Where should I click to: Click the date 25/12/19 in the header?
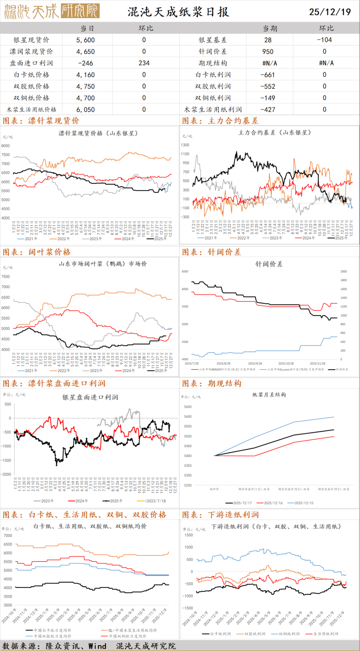pyautogui.click(x=330, y=12)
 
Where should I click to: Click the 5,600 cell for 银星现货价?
pyautogui.click(x=85, y=40)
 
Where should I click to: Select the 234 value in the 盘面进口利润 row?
pyautogui.click(x=144, y=63)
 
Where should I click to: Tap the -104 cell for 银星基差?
pyautogui.click(x=324, y=40)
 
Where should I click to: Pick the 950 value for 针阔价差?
pyautogui.click(x=268, y=52)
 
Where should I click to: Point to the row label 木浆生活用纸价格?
pyautogui.click(x=32, y=110)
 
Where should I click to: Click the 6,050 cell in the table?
pyautogui.click(x=85, y=110)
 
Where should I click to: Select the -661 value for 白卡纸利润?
pyautogui.click(x=268, y=75)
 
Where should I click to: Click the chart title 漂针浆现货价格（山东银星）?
pyautogui.click(x=98, y=133)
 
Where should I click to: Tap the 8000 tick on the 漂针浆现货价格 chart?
pyautogui.click(x=6, y=146)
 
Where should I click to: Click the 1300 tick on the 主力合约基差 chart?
pyautogui.click(x=185, y=145)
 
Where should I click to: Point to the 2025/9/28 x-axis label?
pyautogui.click(x=255, y=364)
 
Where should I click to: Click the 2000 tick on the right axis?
pyautogui.click(x=344, y=271)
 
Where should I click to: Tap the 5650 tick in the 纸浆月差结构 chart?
pyautogui.click(x=188, y=407)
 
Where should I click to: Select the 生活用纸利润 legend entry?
pyautogui.click(x=325, y=634)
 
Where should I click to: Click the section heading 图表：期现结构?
pyautogui.click(x=212, y=384)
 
